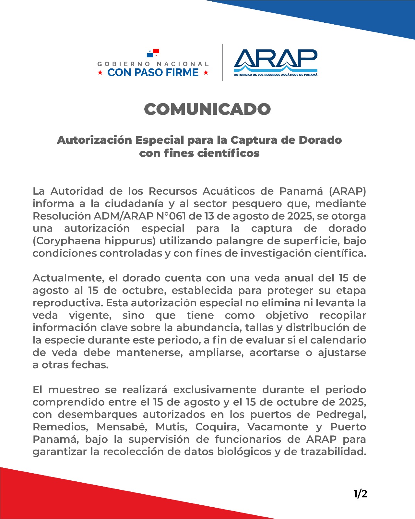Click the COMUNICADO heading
(207, 109)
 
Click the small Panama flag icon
(153, 53)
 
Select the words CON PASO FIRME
(153, 72)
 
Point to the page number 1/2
(360, 494)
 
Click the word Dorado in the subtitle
(320, 140)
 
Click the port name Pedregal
(340, 415)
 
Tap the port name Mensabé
(122, 427)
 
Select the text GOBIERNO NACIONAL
(153, 64)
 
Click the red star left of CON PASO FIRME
(101, 73)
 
